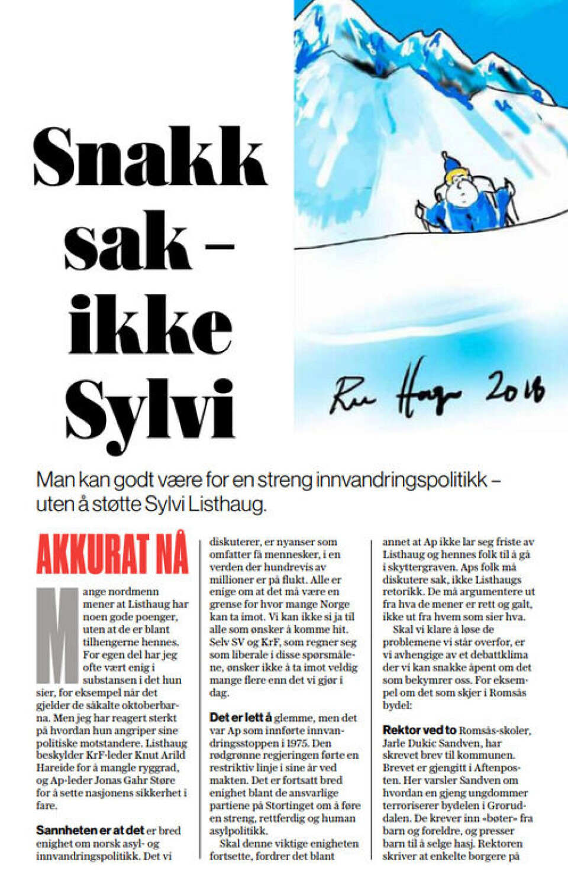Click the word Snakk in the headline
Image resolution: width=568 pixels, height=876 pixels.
[150, 157]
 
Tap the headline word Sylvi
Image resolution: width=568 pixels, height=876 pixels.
[150, 410]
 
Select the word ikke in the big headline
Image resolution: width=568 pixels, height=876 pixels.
[150, 326]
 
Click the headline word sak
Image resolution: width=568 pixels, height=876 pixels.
[127, 242]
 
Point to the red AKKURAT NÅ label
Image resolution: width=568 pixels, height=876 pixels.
[112, 554]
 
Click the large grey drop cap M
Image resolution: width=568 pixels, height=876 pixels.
[57, 635]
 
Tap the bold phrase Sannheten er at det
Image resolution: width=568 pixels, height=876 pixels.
[90, 830]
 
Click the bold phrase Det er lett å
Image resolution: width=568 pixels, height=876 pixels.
[240, 718]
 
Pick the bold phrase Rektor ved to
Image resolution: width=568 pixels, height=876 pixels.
[419, 730]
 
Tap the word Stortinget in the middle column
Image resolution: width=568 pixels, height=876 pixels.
[293, 806]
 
